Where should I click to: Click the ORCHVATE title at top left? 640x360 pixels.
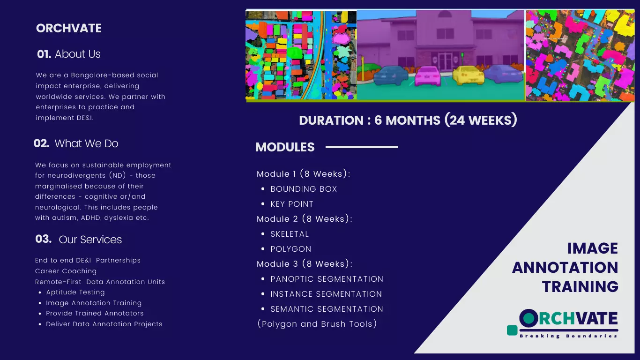pos(69,28)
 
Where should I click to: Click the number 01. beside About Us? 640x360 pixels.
pos(44,54)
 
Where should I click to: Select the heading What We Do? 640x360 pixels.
pos(86,143)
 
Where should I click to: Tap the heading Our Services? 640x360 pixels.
pos(90,240)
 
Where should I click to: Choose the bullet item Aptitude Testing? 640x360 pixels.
pos(75,292)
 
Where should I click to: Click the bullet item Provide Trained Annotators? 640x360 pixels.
pos(95,313)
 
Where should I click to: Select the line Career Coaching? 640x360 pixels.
pos(66,271)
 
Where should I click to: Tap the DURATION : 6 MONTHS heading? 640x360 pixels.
pos(408,120)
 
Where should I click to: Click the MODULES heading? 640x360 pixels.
pos(285,147)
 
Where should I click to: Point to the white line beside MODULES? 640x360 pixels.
pos(361,147)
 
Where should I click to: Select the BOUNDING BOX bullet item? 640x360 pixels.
pos(304,189)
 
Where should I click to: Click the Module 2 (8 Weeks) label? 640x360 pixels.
pos(304,219)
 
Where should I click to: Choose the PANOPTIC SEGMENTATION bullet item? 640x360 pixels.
pos(327,279)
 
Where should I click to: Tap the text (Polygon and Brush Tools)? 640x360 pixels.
pos(317,324)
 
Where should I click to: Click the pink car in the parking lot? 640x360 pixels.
pos(428,76)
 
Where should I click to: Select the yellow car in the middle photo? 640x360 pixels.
pos(468,75)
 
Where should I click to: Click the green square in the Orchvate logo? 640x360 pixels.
pos(512,330)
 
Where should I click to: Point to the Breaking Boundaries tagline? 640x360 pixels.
pos(568,336)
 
